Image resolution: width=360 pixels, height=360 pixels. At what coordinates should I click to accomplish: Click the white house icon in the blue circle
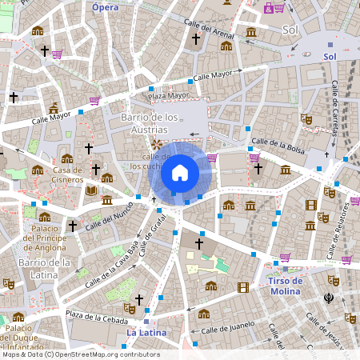pos(179,172)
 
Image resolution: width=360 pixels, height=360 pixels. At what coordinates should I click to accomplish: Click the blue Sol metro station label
pos(330,57)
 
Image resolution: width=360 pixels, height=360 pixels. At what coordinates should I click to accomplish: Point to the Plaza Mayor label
pos(170,95)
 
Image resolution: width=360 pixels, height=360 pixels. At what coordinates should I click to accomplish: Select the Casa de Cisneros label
pos(68,174)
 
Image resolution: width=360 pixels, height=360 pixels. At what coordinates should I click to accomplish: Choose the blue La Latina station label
pos(146,331)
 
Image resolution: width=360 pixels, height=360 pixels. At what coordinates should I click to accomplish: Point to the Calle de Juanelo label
pos(228,328)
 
